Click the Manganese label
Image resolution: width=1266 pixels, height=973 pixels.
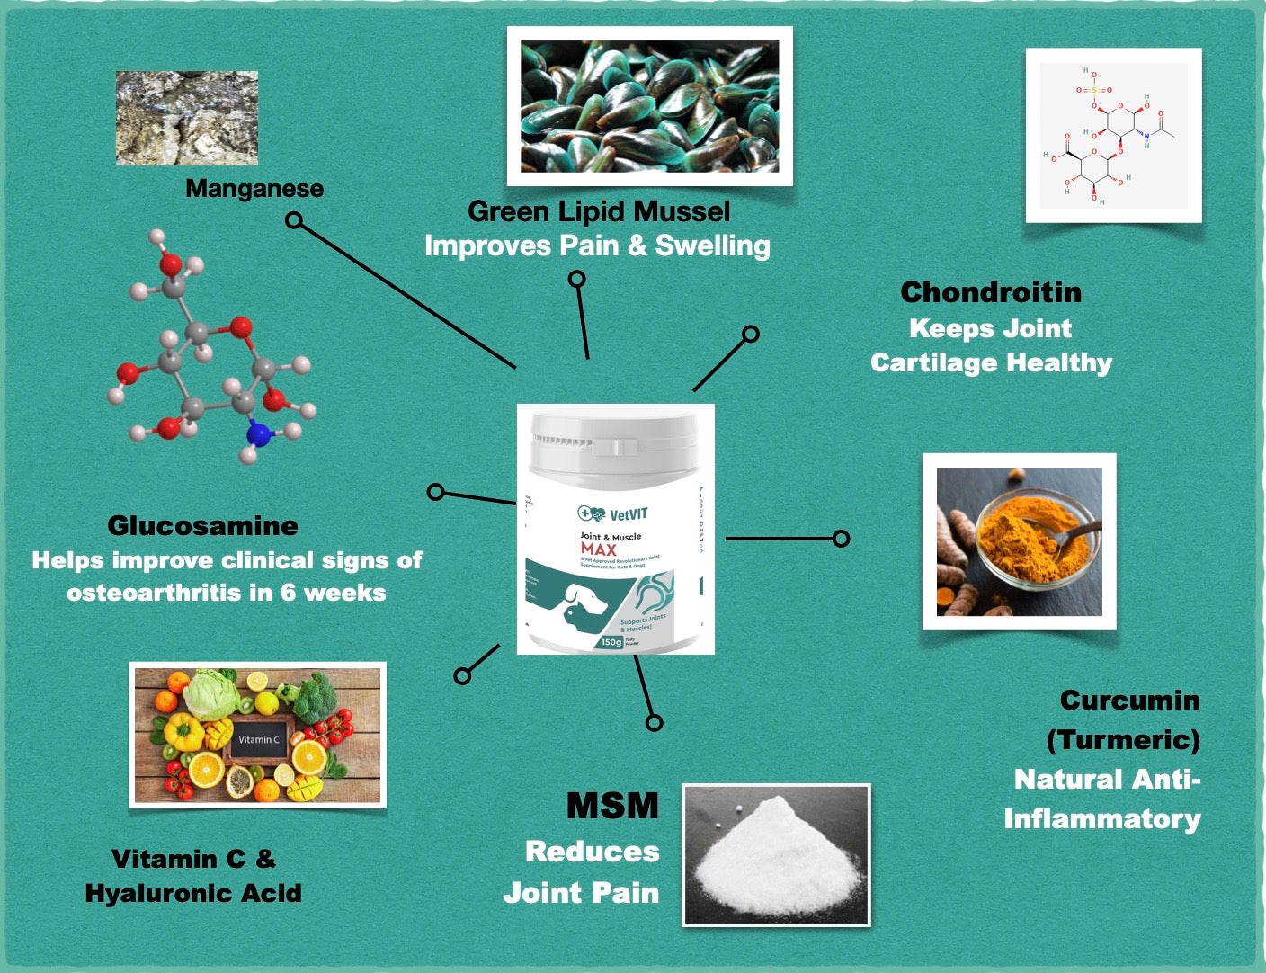click(x=254, y=189)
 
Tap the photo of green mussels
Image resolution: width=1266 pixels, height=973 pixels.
click(x=649, y=106)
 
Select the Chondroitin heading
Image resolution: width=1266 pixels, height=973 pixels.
click(x=991, y=292)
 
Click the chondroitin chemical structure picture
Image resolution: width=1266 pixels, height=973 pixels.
click(x=1113, y=135)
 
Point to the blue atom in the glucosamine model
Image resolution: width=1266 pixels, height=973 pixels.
click(x=259, y=435)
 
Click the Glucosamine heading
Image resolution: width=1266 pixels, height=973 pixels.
click(x=202, y=526)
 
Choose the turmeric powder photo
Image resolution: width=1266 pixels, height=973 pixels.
click(x=1019, y=541)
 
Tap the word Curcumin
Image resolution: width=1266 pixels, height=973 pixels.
click(x=1129, y=700)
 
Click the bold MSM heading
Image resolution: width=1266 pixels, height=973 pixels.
click(x=612, y=806)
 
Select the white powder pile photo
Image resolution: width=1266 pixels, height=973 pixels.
click(x=776, y=854)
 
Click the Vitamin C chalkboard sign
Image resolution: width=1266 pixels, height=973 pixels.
click(x=259, y=739)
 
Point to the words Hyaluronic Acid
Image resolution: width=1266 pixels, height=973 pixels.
click(x=193, y=893)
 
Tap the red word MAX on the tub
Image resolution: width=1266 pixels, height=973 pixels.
click(x=599, y=549)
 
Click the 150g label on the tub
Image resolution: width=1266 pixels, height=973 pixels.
click(x=611, y=642)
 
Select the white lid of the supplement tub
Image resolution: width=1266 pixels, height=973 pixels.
click(x=615, y=441)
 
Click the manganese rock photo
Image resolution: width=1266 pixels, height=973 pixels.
click(x=187, y=118)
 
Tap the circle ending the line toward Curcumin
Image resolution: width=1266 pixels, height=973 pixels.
click(x=841, y=539)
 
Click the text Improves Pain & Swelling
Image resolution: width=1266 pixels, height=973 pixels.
click(x=597, y=245)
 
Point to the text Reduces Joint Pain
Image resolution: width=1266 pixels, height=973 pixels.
click(x=581, y=871)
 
